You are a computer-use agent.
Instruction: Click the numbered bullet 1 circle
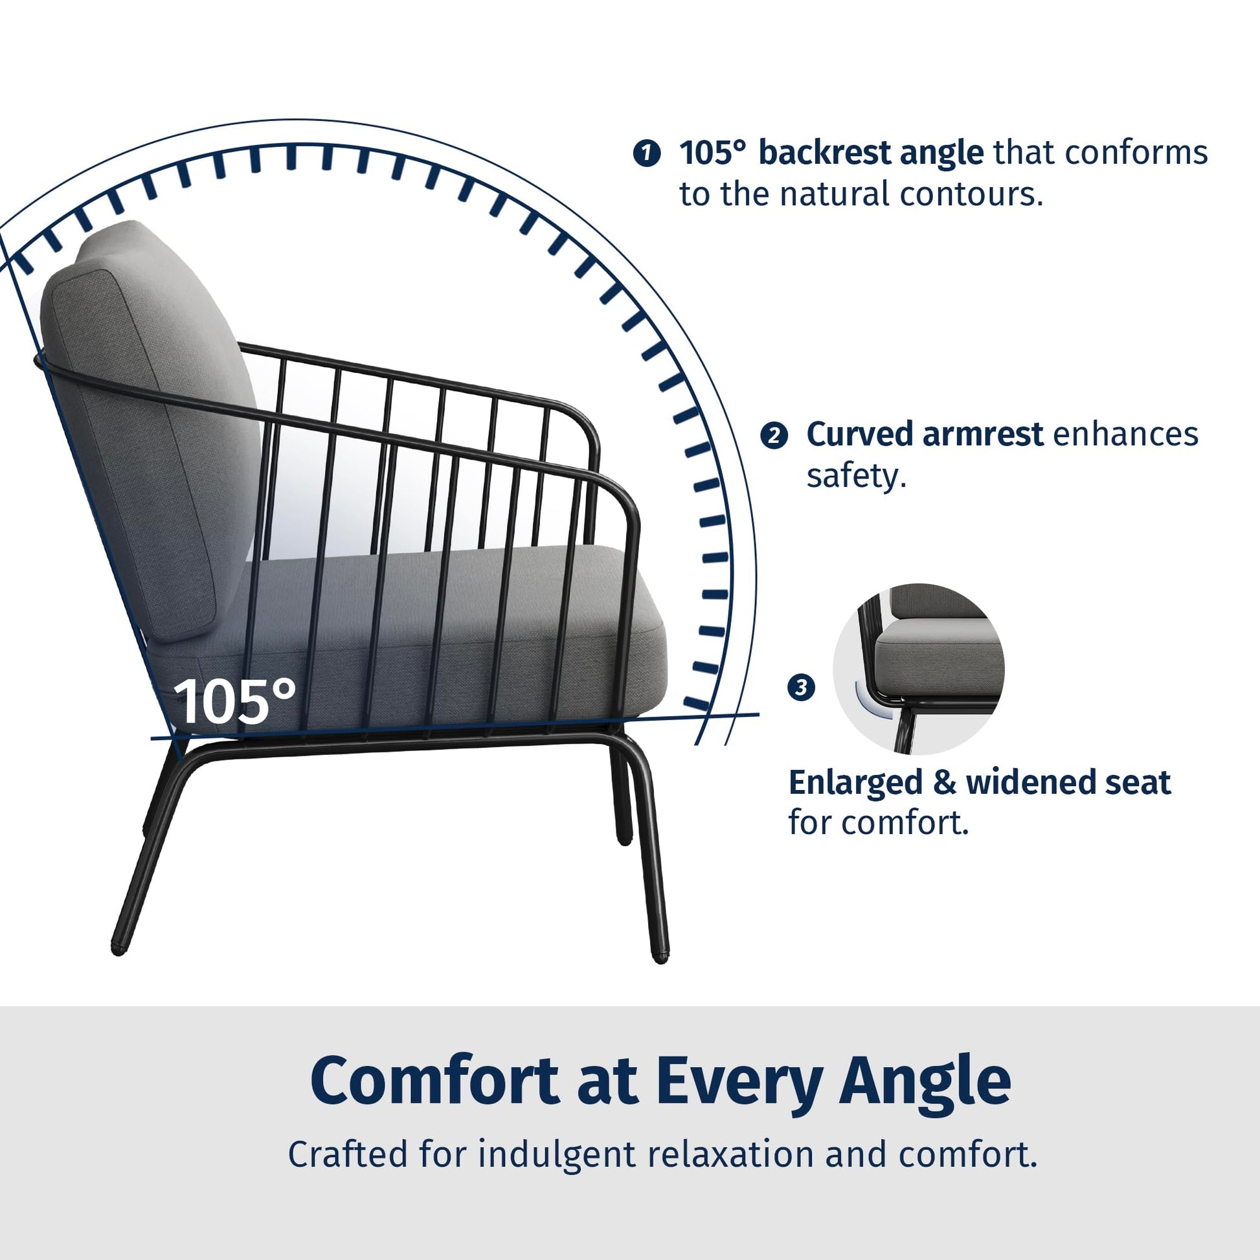pyautogui.click(x=646, y=154)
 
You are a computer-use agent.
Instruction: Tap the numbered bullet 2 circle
pyautogui.click(x=774, y=436)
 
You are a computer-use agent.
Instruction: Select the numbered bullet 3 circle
pyautogui.click(x=802, y=688)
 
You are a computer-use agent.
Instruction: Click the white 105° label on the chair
pyautogui.click(x=235, y=701)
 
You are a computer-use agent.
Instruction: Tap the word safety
pyautogui.click(x=857, y=476)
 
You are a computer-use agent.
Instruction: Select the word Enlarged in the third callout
pyautogui.click(x=855, y=783)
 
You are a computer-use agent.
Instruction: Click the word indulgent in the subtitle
pyautogui.click(x=556, y=1155)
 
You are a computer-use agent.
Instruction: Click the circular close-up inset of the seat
pyautogui.click(x=918, y=668)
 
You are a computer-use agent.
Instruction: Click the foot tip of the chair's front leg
pyautogui.click(x=660, y=958)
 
